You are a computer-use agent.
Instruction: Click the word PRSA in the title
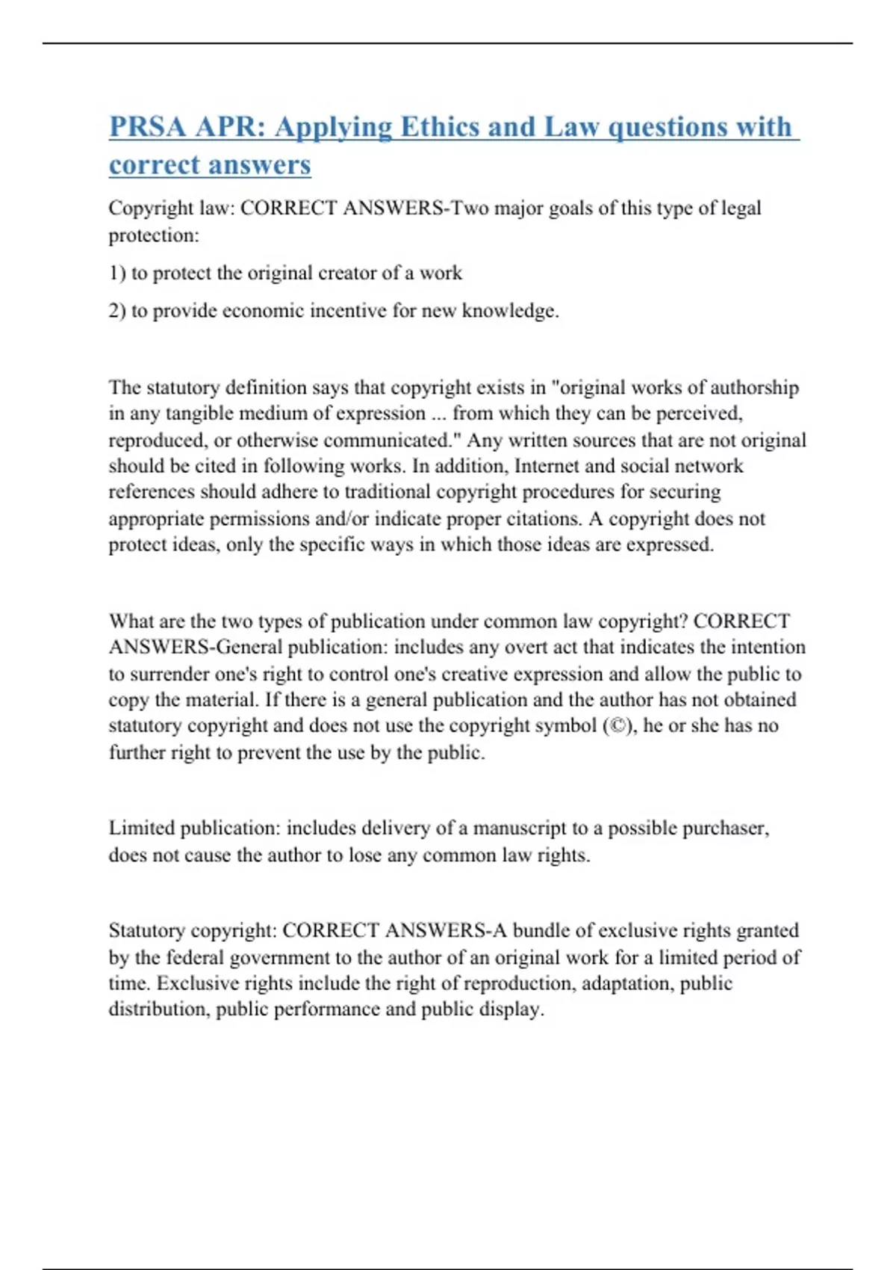(x=147, y=127)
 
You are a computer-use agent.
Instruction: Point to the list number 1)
(x=117, y=273)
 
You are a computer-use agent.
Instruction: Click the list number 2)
(x=117, y=311)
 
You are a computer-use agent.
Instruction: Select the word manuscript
(x=520, y=828)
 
